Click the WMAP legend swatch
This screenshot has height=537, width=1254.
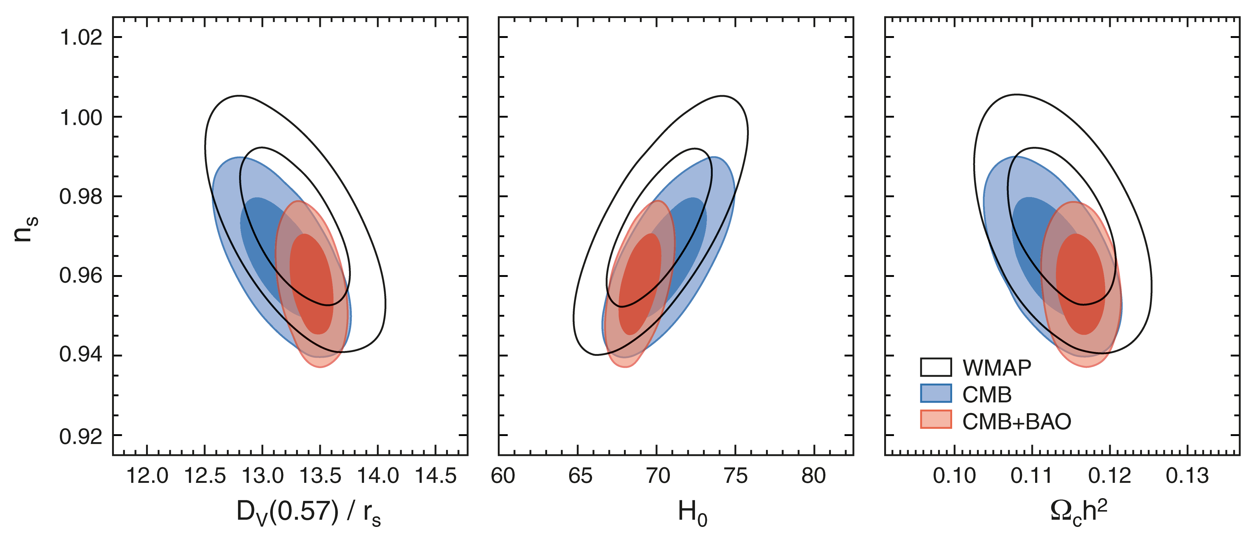[x=936, y=367]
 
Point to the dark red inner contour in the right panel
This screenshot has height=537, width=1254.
[x=1080, y=285]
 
